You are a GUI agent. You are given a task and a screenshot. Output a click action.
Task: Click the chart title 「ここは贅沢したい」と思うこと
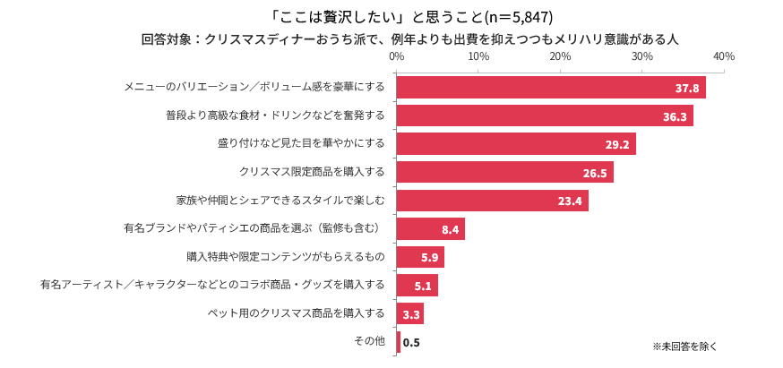click(x=391, y=17)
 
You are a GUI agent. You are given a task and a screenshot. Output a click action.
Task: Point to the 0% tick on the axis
click(x=396, y=56)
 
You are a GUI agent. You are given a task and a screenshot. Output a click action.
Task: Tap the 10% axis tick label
click(x=478, y=56)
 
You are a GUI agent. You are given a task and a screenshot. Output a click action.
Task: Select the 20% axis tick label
click(x=560, y=56)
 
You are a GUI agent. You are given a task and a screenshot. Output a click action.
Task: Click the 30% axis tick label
click(x=641, y=56)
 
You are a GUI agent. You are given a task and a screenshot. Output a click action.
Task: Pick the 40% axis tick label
click(x=723, y=56)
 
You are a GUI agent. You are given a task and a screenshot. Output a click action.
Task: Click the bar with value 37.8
click(x=550, y=88)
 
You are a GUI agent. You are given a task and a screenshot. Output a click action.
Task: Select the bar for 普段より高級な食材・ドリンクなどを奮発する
click(x=544, y=116)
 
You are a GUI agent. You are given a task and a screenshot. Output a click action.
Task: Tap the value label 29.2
click(x=618, y=144)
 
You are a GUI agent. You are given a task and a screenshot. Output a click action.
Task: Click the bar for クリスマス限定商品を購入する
click(x=504, y=172)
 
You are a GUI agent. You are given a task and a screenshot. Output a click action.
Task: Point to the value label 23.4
click(x=570, y=201)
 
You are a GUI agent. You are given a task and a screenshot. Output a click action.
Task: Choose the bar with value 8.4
click(x=430, y=229)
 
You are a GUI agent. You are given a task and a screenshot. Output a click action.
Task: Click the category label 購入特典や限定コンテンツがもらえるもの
click(x=286, y=257)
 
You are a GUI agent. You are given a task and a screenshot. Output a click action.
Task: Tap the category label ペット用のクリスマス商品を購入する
click(x=296, y=313)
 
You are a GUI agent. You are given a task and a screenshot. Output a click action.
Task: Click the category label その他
click(x=369, y=341)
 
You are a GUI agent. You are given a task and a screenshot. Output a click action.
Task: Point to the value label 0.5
click(x=411, y=342)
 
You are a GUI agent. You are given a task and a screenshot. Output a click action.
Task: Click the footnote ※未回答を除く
click(x=684, y=346)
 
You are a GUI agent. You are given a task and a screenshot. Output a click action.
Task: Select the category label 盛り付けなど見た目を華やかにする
click(x=301, y=143)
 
